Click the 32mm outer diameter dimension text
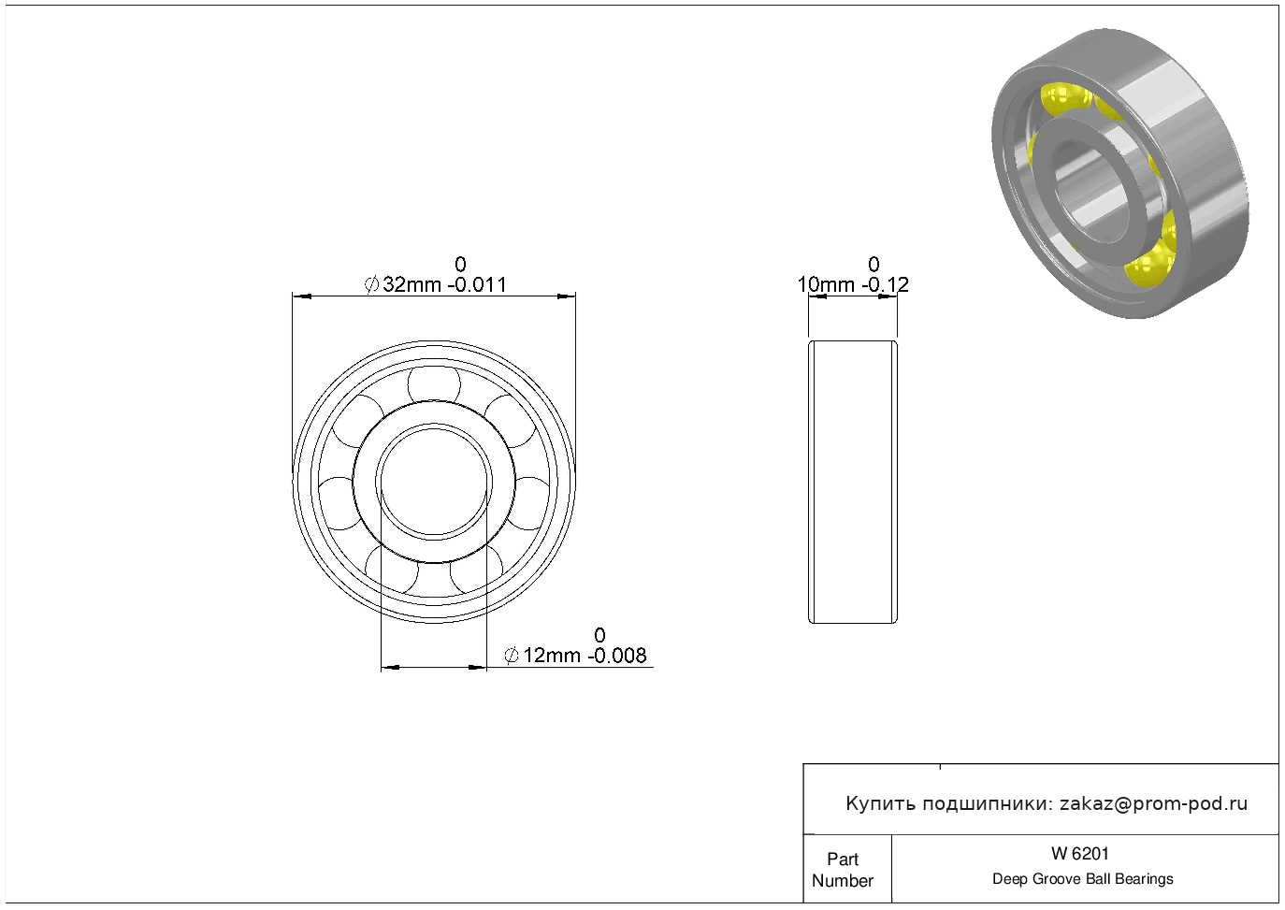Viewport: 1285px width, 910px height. coord(411,284)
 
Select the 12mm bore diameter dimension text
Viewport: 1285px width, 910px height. coord(551,656)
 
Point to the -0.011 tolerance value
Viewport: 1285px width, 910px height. coord(477,284)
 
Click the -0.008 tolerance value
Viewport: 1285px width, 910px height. coord(616,656)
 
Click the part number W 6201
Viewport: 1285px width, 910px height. coord(1080,854)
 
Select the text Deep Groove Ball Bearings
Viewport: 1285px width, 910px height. coord(1082,879)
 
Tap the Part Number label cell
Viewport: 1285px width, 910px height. coord(847,869)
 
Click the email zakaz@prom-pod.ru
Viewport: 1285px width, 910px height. coord(1153,804)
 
